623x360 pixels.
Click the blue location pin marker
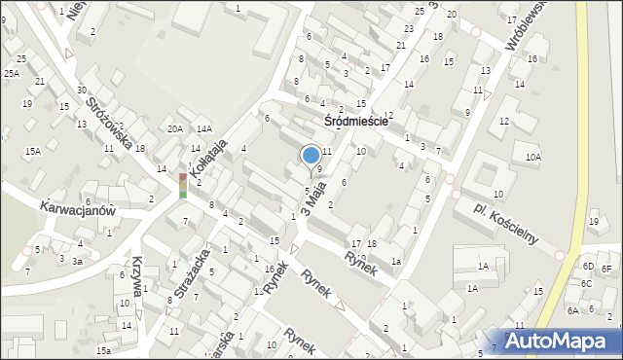coord(311,155)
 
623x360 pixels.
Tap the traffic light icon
coord(182,185)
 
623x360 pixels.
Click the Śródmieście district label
coord(356,122)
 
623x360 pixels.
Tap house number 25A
coord(11,73)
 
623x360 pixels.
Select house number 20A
coord(174,128)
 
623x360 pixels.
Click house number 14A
coord(203,128)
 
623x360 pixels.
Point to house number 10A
coord(532,157)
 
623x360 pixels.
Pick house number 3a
coord(77,261)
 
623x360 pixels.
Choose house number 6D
coord(588,266)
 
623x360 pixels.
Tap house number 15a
coord(102,350)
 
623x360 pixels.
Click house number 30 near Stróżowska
coord(82,90)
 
